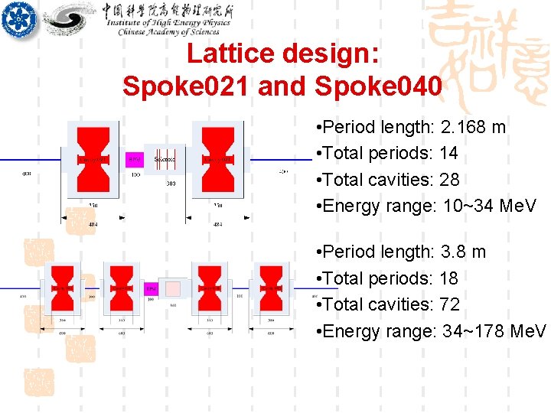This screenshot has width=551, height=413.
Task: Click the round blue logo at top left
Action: [x=18, y=18]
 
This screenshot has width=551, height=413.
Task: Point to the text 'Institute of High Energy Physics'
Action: [x=168, y=24]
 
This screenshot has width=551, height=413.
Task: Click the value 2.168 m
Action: [x=474, y=127]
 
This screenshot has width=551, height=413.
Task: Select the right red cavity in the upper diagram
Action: [x=217, y=159]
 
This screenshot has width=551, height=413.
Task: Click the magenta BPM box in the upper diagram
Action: [x=135, y=160]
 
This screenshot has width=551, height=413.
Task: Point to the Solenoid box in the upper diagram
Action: [x=165, y=160]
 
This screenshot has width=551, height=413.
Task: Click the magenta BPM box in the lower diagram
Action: [x=152, y=289]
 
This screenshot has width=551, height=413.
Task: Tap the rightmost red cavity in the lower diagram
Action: [x=270, y=289]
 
